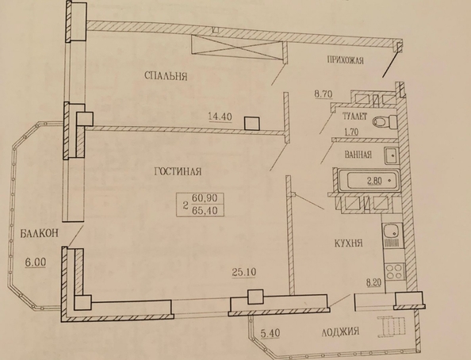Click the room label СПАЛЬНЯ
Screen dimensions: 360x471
(166, 77)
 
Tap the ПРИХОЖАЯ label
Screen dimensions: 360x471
(343, 61)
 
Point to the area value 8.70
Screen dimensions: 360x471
(324, 94)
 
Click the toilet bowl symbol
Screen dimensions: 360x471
(383, 121)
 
